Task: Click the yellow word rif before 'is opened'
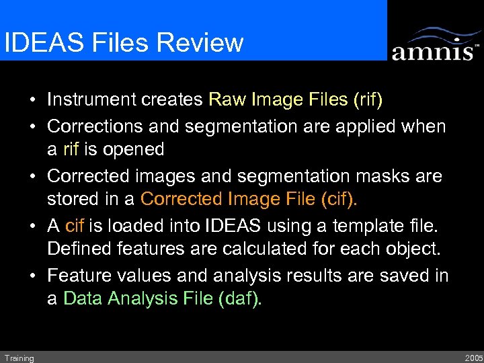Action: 72,149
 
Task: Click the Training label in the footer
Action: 18,358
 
